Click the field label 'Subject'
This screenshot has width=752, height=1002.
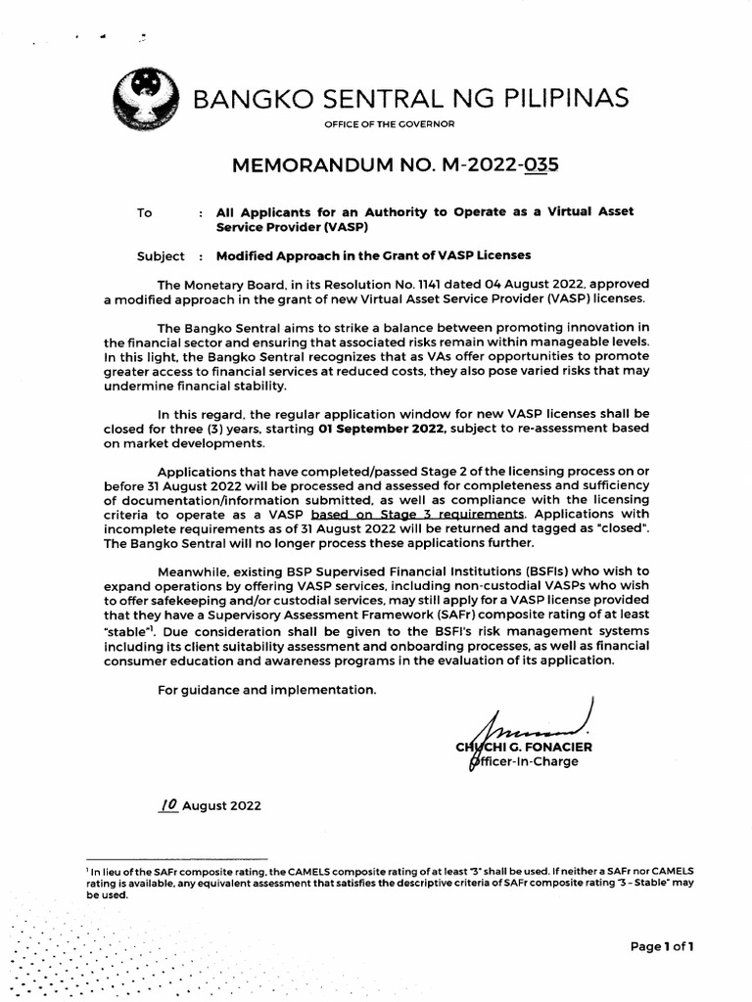click(x=161, y=255)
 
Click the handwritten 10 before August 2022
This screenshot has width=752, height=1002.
click(x=168, y=803)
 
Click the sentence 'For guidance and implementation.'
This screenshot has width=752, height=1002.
click(x=266, y=690)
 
